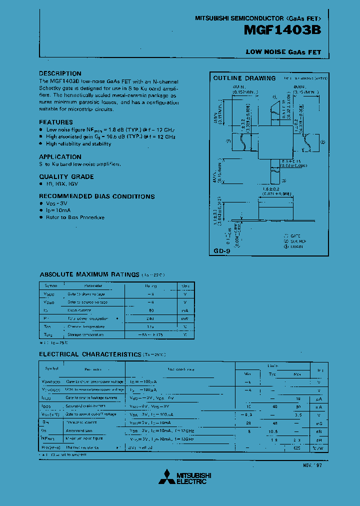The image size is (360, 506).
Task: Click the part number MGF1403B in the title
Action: pyautogui.click(x=282, y=30)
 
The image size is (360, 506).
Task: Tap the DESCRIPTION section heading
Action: pyautogui.click(x=60, y=73)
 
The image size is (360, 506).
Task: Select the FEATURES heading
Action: pyautogui.click(x=56, y=122)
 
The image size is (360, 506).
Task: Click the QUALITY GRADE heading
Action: pyautogui.click(x=66, y=176)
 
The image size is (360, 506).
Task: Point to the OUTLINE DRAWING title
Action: pyautogui.click(x=244, y=78)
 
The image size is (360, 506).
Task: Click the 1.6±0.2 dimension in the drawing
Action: pyautogui.click(x=271, y=189)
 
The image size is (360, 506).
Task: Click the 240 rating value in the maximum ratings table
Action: pyautogui.click(x=150, y=318)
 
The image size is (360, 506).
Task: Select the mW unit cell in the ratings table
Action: pyautogui.click(x=185, y=318)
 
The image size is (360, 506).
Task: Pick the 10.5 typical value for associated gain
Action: pyautogui.click(x=272, y=431)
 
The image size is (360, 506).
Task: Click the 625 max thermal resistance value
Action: pyautogui.click(x=297, y=448)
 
